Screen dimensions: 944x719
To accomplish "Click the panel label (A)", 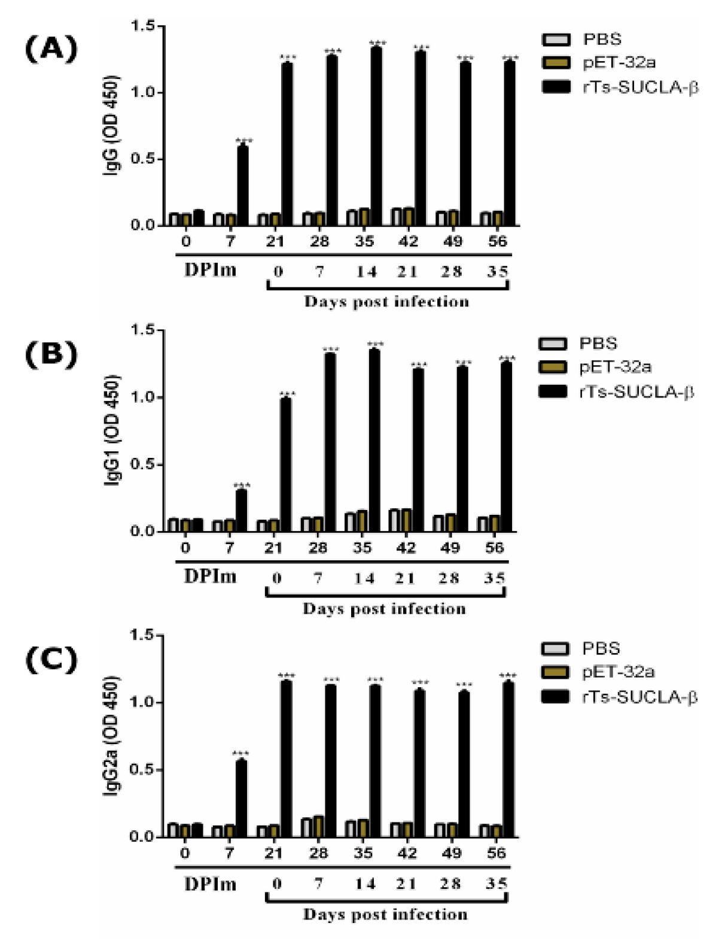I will (51, 48).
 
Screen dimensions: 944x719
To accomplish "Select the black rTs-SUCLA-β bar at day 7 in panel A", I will (243, 185).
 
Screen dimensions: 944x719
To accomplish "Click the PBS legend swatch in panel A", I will (556, 40).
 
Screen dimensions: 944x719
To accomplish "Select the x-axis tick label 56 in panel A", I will (497, 241).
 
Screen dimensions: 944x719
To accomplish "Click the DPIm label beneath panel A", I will (210, 271).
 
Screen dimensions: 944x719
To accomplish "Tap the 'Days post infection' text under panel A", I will (386, 301).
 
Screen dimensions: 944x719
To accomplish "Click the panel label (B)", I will (51, 354).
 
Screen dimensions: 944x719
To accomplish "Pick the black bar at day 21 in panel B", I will (286, 465).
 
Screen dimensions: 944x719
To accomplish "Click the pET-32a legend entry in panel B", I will (615, 368).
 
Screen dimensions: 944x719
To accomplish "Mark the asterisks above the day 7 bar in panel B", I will (242, 485).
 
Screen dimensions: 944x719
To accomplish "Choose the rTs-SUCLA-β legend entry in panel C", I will (639, 697).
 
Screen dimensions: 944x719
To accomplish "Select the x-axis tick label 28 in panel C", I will (318, 853).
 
